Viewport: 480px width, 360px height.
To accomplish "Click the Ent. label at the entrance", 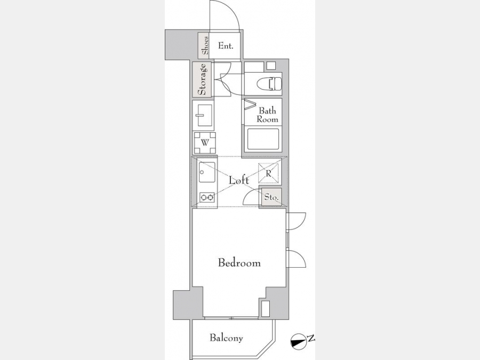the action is coord(226,46).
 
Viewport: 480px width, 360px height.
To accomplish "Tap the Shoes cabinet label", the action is coord(205,45).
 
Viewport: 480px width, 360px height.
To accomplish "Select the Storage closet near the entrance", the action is coord(202,79).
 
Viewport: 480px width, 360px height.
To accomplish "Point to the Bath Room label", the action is coord(267,115).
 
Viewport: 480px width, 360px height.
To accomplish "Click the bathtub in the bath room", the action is coord(263,139).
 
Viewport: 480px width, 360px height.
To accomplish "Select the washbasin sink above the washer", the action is coord(204,115).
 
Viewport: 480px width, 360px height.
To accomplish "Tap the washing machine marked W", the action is coord(205,142).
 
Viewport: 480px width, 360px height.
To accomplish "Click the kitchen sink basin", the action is coord(206,172).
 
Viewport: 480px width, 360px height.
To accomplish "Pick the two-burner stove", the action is coord(207,197).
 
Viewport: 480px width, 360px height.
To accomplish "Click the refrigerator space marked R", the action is coord(268,173).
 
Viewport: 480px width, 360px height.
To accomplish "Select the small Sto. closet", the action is coord(271,197).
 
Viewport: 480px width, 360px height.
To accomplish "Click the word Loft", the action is coord(239,180).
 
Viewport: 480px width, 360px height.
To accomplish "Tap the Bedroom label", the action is coord(239,262).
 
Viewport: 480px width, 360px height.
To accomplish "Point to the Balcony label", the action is coord(226,338).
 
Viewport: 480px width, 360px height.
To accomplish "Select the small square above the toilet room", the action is coord(271,66).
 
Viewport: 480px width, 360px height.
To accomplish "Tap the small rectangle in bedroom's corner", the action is coord(266,309).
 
